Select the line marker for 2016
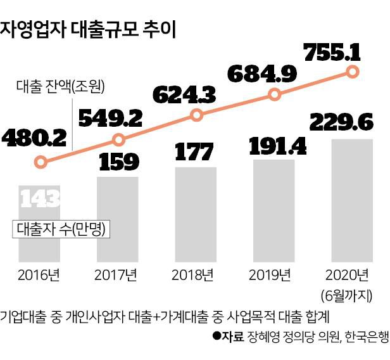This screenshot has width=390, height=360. coord(41,162)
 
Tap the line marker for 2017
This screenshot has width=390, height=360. coord(118,139)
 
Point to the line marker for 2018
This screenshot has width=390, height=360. coord(197,115)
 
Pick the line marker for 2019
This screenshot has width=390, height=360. coord(275,94)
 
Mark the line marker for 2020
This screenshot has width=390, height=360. coord(353,72)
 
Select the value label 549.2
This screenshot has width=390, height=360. coord(110,116)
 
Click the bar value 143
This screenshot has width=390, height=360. coord(40,199)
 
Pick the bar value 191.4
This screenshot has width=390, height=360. coord(276,146)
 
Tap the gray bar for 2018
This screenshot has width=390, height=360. coord(196,215)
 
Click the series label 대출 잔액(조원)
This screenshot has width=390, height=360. coord(60,86)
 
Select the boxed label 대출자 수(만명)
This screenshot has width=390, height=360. coord(61,229)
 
